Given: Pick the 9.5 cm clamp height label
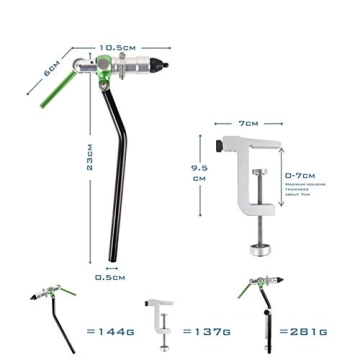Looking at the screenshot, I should coord(200,173).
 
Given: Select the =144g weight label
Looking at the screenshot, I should coord(110,331).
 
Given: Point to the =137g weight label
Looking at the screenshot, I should coord(207,331).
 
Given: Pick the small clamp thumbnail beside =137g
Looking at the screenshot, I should coord(158,322).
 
